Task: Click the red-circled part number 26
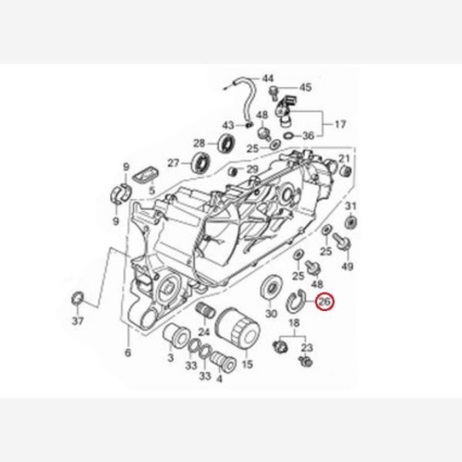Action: (324, 302)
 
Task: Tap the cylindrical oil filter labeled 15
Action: (238, 328)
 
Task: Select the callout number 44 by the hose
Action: (268, 79)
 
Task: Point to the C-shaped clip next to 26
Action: (296, 301)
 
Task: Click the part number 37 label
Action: (78, 320)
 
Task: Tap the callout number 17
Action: (340, 125)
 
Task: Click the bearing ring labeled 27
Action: (202, 162)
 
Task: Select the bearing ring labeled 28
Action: (226, 143)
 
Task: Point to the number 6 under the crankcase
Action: (128, 353)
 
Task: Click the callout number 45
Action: (305, 88)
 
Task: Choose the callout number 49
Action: (347, 266)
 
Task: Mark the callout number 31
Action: (350, 206)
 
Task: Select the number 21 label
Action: (343, 159)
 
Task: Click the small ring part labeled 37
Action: (78, 298)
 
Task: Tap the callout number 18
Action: (294, 323)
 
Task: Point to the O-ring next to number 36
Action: (289, 136)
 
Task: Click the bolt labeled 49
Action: (341, 242)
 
